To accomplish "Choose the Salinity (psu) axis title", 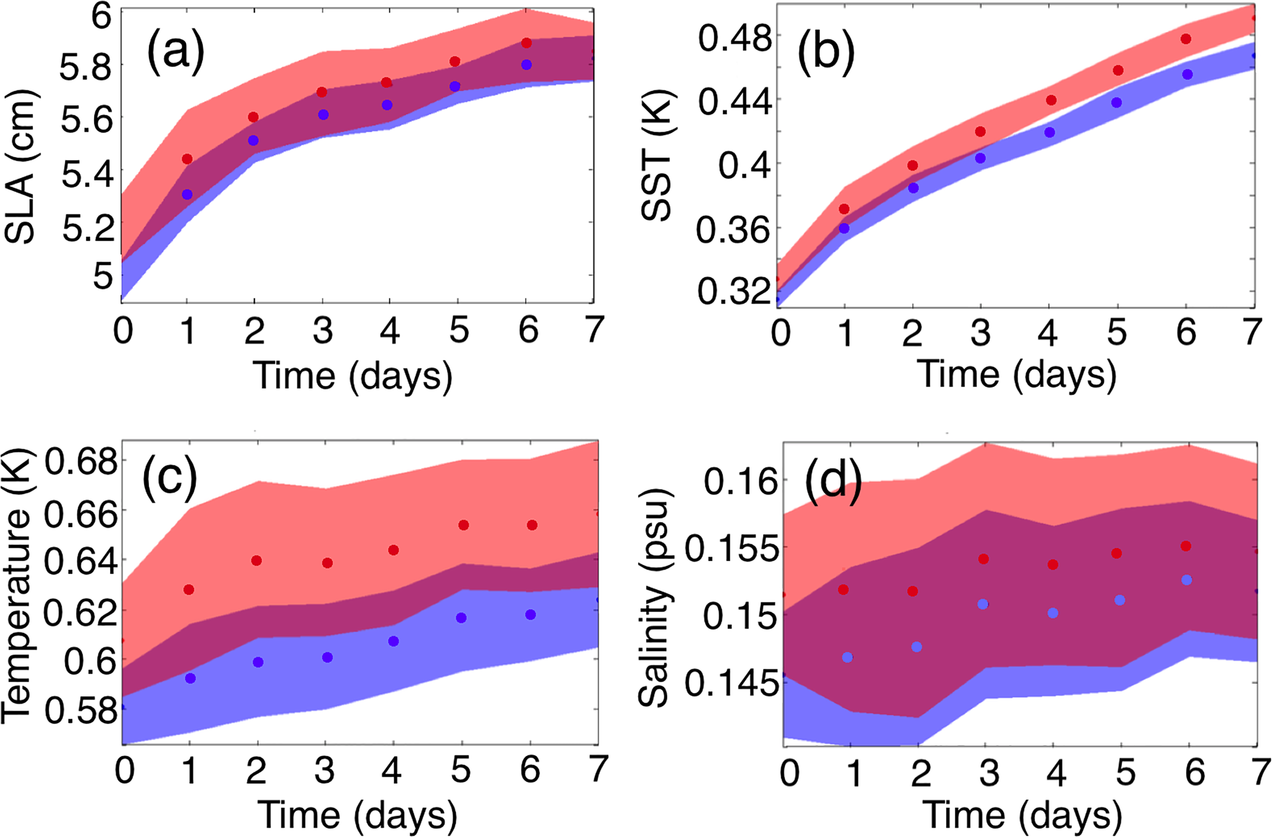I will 654,598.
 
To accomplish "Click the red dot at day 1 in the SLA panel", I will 187,159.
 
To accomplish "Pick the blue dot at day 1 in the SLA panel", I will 187,195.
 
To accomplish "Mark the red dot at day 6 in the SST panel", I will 1186,39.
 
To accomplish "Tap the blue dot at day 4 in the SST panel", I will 1049,132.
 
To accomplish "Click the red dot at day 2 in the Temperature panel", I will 257,561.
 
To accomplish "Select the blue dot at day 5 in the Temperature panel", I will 461,618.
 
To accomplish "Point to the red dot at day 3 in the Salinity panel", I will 984,559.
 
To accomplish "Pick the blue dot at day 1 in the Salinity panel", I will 847,658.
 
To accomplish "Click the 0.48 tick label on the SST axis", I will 726,39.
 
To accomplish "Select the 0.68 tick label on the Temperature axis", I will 80,462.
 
